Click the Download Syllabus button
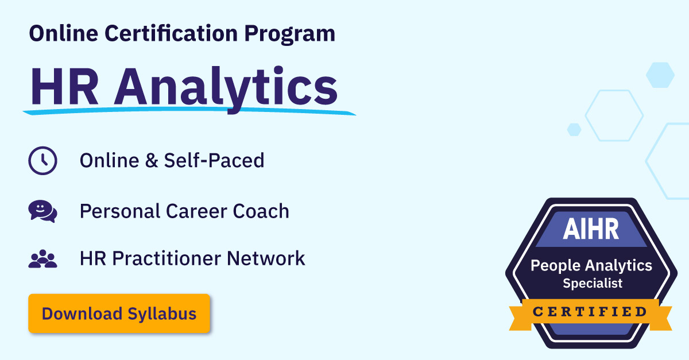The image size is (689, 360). click(119, 313)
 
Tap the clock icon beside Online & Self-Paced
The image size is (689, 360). click(42, 161)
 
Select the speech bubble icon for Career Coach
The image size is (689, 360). click(42, 211)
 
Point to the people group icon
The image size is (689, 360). click(42, 258)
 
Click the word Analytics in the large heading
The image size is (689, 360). click(226, 88)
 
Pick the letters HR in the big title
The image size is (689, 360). click(64, 87)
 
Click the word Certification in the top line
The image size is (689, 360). click(171, 33)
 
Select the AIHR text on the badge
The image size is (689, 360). click(591, 229)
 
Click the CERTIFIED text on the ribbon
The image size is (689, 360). click(590, 312)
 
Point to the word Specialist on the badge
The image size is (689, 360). click(593, 283)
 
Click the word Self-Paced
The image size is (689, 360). click(214, 160)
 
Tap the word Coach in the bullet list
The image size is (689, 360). click(261, 211)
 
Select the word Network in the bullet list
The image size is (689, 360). click(266, 258)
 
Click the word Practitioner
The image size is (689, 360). click(167, 258)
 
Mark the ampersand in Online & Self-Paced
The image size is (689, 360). click(152, 160)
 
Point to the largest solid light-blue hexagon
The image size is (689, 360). click(660, 75)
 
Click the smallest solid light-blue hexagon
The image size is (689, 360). click(574, 130)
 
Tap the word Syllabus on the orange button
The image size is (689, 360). click(162, 314)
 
